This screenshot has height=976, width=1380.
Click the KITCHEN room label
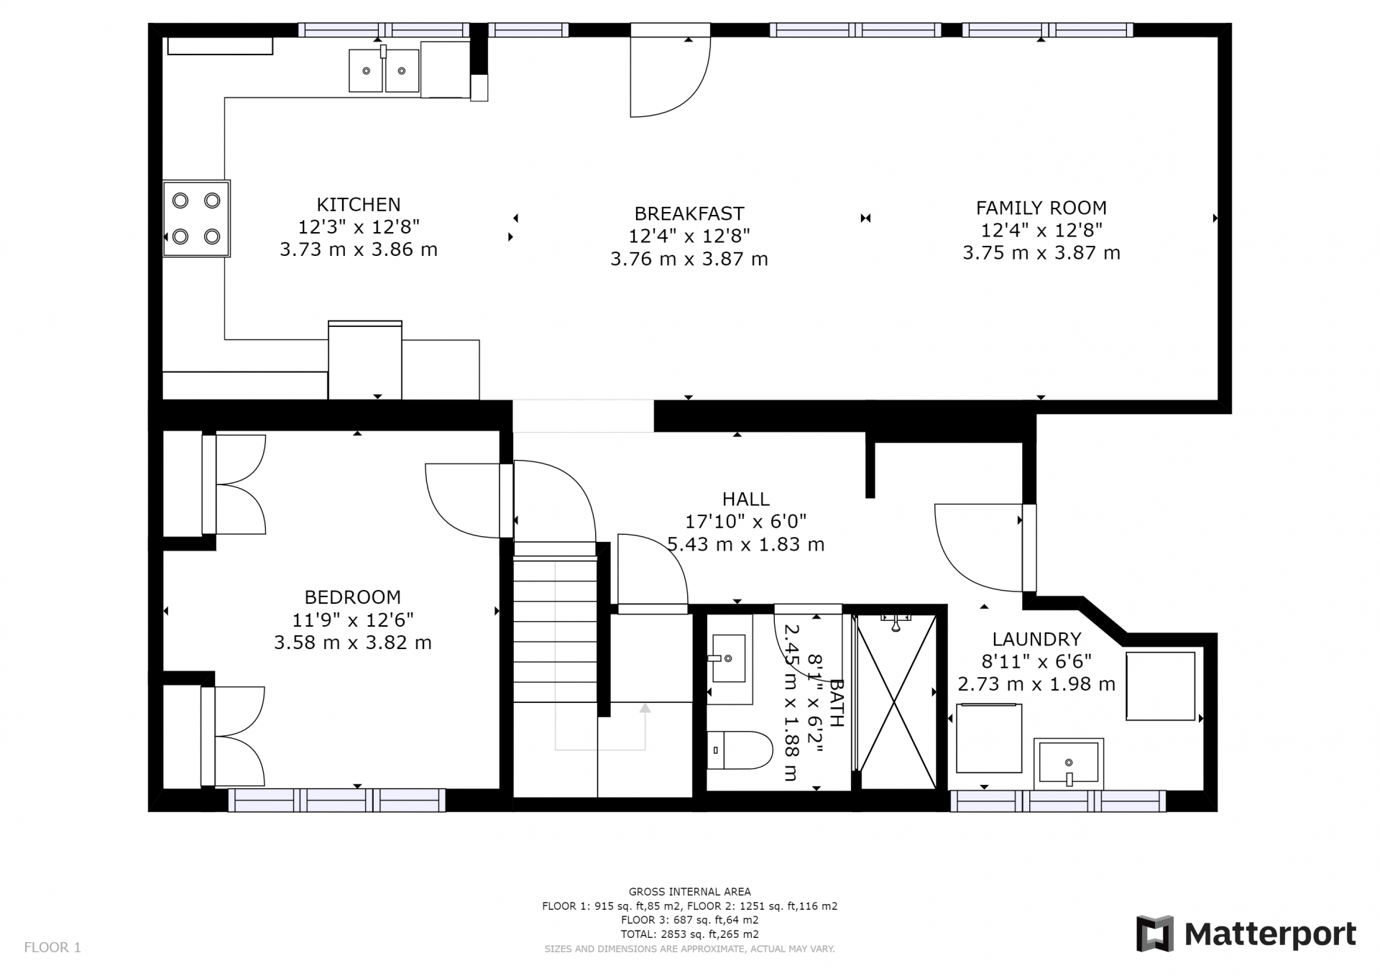359,204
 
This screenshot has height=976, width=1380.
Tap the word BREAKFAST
689,213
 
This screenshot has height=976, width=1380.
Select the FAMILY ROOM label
1041,208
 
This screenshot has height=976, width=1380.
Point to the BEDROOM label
352,597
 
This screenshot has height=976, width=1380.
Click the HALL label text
745,499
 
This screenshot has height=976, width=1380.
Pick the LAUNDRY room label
1036,639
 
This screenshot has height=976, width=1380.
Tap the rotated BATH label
837,702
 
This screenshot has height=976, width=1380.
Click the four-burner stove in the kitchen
196,218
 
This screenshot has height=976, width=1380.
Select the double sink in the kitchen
384,70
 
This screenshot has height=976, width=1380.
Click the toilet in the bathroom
739,750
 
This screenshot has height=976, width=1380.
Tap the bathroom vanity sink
730,658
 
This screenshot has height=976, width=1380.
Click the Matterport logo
1246,934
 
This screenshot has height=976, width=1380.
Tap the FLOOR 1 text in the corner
52,947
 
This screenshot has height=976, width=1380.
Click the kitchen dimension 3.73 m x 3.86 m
359,249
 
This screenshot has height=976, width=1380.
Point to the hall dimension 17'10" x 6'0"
745,521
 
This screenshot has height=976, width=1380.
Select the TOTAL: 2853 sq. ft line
689,934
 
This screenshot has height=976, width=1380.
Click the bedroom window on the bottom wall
336,800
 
